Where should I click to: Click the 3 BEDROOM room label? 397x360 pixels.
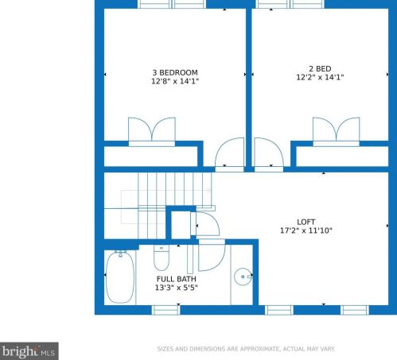click(x=175, y=72)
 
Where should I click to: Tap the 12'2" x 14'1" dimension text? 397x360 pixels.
click(x=320, y=77)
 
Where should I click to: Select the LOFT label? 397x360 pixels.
click(x=306, y=222)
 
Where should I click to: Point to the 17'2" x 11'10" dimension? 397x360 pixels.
click(x=306, y=230)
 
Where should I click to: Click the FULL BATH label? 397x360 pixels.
click(x=177, y=279)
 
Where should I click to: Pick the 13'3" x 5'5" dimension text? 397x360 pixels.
click(x=177, y=288)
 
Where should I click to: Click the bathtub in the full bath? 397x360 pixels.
click(x=120, y=277)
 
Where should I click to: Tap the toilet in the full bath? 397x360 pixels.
click(x=162, y=257)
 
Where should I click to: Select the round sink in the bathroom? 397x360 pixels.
click(x=243, y=277)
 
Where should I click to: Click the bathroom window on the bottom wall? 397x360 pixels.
click(x=165, y=310)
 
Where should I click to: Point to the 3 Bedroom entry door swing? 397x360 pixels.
click(x=229, y=153)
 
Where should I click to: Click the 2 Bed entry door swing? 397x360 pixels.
click(x=269, y=153)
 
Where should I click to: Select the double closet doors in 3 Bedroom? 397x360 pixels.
click(x=152, y=130)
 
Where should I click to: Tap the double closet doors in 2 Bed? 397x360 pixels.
click(x=337, y=130)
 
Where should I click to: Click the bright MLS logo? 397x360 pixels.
click(x=29, y=351)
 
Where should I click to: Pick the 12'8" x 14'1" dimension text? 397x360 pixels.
click(x=175, y=81)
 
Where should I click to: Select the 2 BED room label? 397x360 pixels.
click(x=320, y=69)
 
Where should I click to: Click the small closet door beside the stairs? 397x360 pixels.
click(x=208, y=224)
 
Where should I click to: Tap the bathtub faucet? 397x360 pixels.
click(x=120, y=254)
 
